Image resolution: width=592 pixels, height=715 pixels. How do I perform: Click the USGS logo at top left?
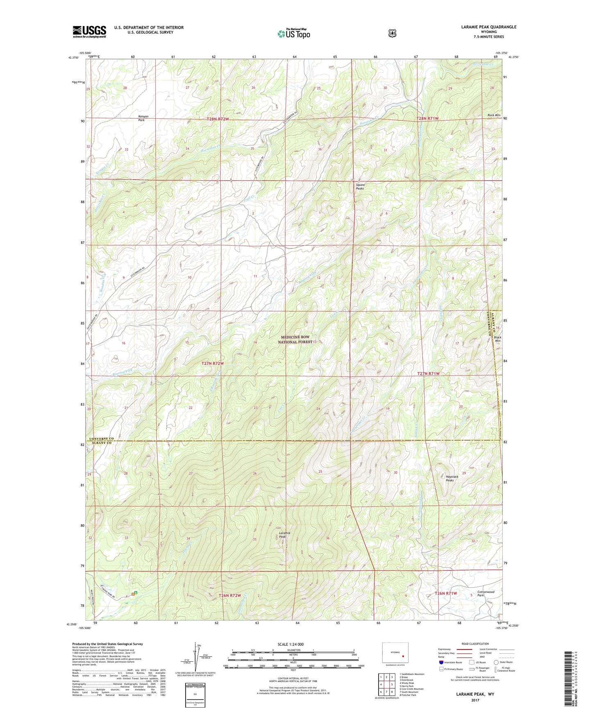click(x=89, y=32)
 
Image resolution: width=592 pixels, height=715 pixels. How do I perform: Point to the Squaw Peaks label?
click(x=360, y=186)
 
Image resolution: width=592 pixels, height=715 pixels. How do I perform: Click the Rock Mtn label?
click(x=494, y=115)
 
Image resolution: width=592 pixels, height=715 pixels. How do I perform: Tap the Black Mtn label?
click(x=497, y=339)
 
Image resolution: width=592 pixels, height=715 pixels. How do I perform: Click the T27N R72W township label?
click(x=213, y=363)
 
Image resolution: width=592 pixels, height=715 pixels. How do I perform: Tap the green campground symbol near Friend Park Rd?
click(x=135, y=593)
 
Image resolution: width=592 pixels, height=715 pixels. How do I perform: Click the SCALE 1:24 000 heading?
click(x=290, y=645)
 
